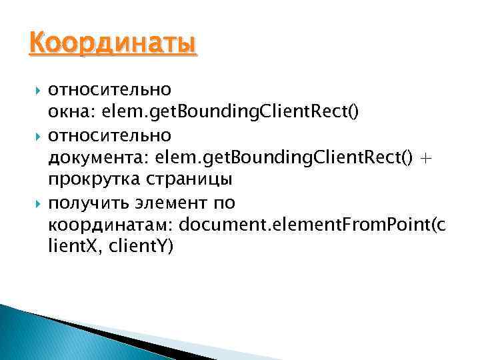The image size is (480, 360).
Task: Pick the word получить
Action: coord(87,201)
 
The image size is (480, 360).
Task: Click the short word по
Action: coord(225,201)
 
